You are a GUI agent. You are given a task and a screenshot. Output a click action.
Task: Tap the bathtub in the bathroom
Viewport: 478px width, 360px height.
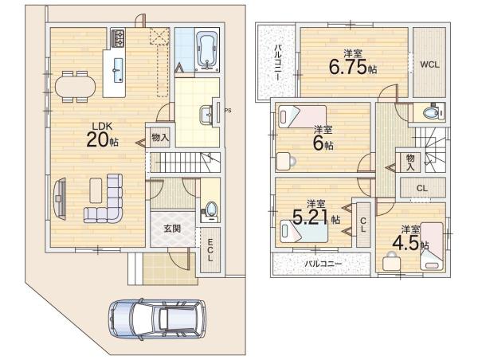tap(207, 49)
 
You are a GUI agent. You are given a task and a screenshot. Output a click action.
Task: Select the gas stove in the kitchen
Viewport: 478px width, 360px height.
tap(118, 38)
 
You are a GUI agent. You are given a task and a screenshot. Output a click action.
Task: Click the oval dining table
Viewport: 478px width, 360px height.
tap(75, 87)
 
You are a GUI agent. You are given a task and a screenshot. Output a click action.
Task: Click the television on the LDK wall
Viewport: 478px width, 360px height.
tap(60, 199)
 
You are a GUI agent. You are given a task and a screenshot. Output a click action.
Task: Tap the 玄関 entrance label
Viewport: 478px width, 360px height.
tap(173, 229)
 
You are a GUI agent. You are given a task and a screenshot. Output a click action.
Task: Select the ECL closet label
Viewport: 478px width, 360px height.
tap(210, 250)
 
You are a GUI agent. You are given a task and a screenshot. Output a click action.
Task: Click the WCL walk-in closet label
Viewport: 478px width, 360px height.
tap(430, 65)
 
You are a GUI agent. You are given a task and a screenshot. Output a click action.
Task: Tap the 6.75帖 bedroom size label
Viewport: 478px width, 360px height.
tap(353, 68)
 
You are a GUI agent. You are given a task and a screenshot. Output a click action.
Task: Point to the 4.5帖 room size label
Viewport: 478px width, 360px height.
tap(410, 243)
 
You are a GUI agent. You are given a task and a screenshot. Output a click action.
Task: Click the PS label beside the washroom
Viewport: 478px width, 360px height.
tap(228, 111)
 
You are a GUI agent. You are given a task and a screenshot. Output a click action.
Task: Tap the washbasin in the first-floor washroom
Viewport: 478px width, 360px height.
tap(208, 115)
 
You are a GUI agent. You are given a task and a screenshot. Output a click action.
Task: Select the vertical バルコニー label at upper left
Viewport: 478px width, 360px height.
tap(278, 62)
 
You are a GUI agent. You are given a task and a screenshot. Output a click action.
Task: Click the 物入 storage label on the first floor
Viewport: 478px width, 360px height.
tap(160, 138)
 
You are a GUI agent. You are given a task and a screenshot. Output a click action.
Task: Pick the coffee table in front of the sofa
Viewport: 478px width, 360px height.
tap(96, 190)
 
